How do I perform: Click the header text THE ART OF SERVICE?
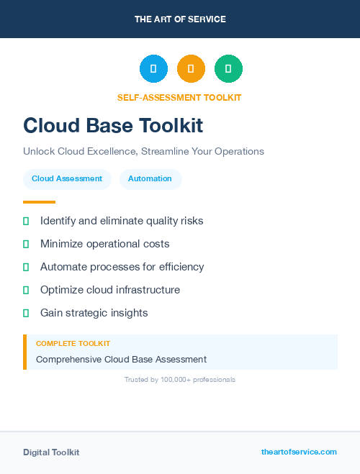tap(180, 19)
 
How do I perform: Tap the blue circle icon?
tap(153, 69)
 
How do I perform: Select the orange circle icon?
tap(191, 69)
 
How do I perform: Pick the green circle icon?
tap(228, 69)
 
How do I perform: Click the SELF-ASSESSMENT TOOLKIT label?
tap(179, 98)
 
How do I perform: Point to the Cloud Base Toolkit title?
tap(113, 126)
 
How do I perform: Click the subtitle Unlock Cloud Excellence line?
tap(143, 152)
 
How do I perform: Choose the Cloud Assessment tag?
tap(67, 179)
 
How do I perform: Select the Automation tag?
tap(150, 179)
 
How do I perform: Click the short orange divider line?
tap(39, 202)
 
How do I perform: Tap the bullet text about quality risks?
tap(122, 221)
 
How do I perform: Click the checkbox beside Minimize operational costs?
tap(26, 244)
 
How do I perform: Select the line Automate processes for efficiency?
tap(122, 267)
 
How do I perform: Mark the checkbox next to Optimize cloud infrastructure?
tap(26, 290)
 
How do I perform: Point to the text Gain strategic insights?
tap(94, 313)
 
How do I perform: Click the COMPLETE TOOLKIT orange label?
tap(73, 344)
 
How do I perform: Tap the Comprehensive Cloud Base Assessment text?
tap(121, 360)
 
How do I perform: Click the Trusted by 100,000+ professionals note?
tap(180, 380)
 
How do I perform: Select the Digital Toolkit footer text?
tap(51, 452)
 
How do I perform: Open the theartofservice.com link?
tap(299, 452)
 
